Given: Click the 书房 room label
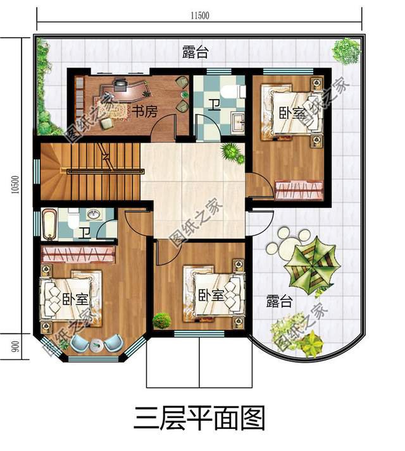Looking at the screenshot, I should [x=144, y=111].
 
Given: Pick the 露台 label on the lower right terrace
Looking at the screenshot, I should [x=278, y=301].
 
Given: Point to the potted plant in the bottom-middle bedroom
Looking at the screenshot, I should [x=162, y=320].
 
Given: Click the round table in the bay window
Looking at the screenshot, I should [x=97, y=345].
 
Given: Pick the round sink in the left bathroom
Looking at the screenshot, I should [x=94, y=215].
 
